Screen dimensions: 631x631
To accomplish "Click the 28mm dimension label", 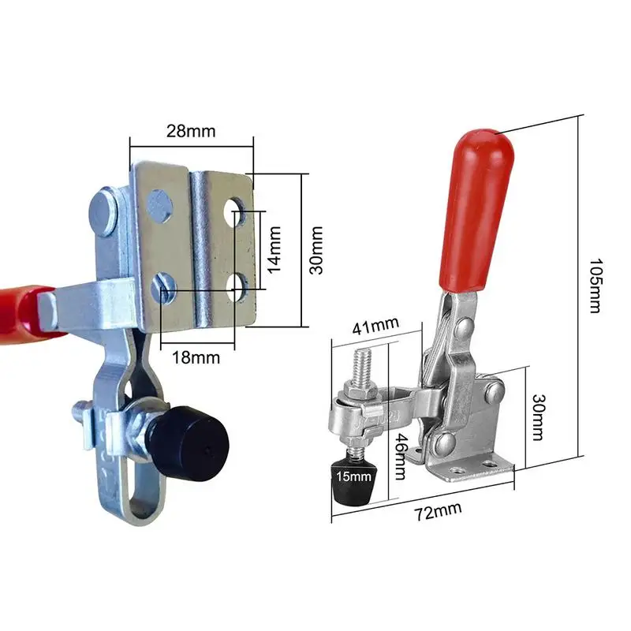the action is pyautogui.click(x=191, y=131).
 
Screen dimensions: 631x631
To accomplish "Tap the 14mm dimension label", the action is pyautogui.click(x=274, y=249).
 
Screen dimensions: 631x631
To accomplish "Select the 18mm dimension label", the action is pyautogui.click(x=196, y=358).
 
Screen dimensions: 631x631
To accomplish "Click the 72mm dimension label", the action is pyautogui.click(x=438, y=511).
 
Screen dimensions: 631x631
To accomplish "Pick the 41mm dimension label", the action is pyautogui.click(x=376, y=326).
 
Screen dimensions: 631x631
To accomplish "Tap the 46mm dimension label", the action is pyautogui.click(x=400, y=457).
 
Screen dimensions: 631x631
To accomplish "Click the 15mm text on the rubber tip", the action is pyautogui.click(x=353, y=476).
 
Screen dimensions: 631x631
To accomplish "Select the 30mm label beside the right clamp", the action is pyautogui.click(x=538, y=417).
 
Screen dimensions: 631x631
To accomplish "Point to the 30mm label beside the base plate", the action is pyautogui.click(x=317, y=250).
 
